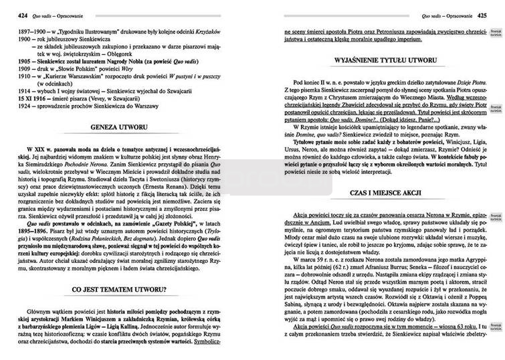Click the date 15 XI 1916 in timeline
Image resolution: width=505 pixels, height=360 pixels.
pyautogui.click(x=32, y=98)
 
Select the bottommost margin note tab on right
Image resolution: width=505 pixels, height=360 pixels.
pyautogui.click(x=495, y=327)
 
